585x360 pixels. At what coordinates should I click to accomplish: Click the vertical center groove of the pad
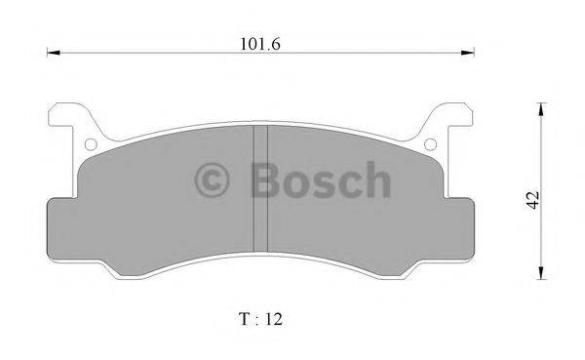click(x=260, y=190)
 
